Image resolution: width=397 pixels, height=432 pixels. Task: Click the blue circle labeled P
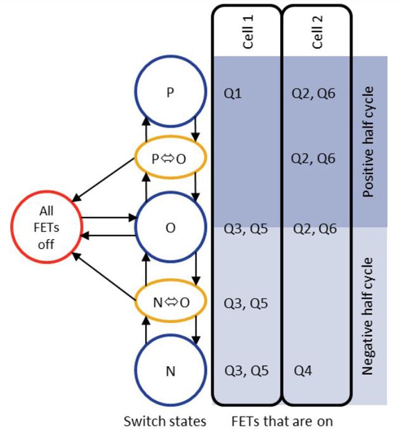170,93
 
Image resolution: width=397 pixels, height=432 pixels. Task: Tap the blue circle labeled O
170,228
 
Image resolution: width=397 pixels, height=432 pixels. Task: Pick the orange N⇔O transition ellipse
170,301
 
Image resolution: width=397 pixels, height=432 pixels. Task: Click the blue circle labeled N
170,371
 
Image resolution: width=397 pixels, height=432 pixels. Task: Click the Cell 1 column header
248,34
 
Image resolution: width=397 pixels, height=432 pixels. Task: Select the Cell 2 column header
318,34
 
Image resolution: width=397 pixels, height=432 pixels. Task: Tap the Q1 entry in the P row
232,93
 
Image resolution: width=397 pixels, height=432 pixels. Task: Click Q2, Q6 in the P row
315,93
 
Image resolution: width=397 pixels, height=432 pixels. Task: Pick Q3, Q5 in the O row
246,229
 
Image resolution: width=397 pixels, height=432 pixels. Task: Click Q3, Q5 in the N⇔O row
246,302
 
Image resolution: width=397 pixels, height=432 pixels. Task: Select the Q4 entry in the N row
303,371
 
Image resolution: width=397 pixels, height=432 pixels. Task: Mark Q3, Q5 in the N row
246,371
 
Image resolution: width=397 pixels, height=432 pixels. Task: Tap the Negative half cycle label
368,316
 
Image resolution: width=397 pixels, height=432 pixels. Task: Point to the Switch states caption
165,422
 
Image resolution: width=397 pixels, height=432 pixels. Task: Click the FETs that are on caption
282,422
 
